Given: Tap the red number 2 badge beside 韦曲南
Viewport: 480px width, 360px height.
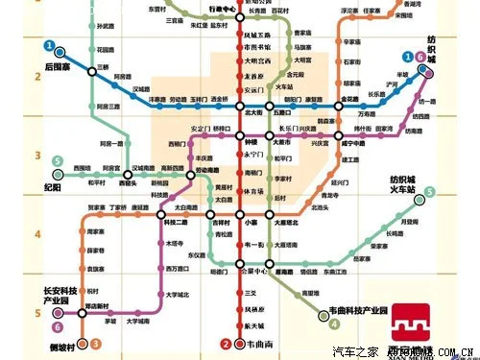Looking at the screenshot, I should click(226, 344).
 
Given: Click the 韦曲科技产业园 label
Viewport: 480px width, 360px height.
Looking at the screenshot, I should click(370, 311).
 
